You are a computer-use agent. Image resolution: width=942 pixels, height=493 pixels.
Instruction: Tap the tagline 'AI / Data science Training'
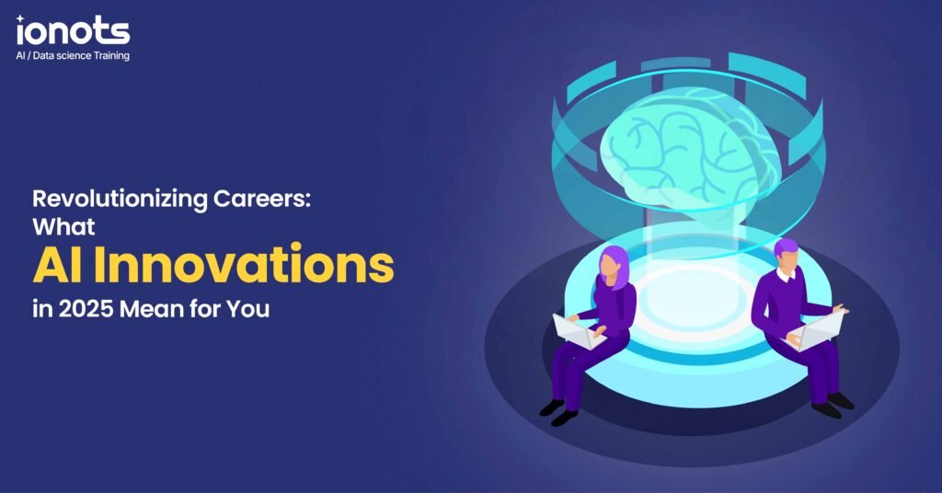[73, 56]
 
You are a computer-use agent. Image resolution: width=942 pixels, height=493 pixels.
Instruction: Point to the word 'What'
[63, 226]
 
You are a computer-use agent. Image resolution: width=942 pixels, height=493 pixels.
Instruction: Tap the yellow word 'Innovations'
[245, 264]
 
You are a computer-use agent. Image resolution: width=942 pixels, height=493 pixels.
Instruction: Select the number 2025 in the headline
[86, 309]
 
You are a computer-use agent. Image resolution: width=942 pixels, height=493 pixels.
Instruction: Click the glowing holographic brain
[691, 150]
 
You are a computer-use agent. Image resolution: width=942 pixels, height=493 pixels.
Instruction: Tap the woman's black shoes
[558, 412]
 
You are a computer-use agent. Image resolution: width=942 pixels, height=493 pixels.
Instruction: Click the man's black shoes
[833, 405]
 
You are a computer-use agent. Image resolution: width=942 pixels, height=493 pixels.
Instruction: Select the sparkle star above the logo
[20, 20]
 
